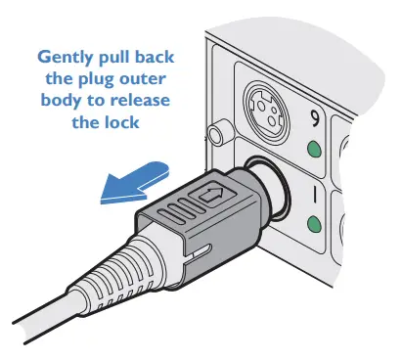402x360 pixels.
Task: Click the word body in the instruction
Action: pos(62,101)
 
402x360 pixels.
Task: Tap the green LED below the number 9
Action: pos(315,150)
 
